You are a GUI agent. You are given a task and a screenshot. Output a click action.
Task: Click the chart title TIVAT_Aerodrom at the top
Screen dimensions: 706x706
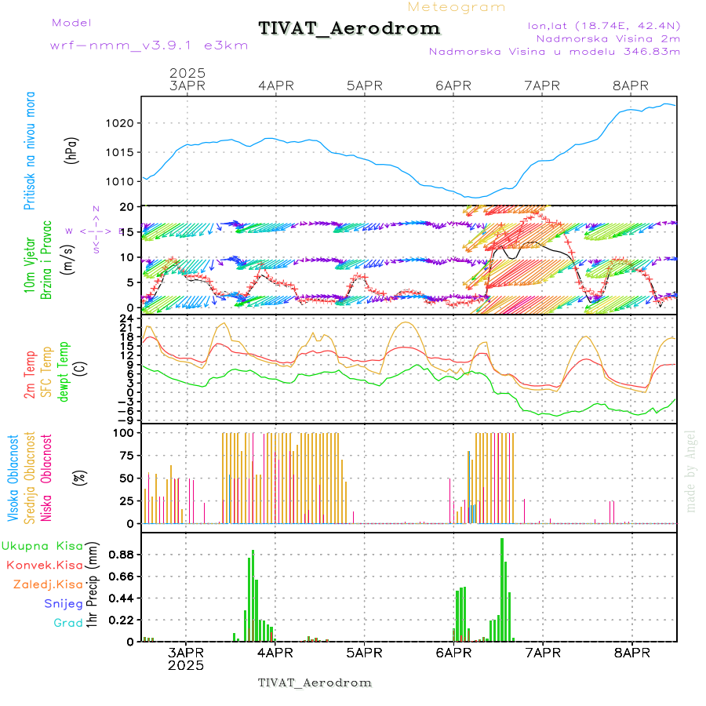[x=349, y=29]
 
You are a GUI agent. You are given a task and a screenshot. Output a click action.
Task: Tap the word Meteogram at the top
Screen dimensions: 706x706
[x=457, y=7]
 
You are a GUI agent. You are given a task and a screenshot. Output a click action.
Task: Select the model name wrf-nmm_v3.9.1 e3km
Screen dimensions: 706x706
[x=149, y=45]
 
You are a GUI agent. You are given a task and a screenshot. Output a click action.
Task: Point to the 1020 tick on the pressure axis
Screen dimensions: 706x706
[x=124, y=123]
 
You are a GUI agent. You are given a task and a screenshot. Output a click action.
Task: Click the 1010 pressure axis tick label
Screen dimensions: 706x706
[x=124, y=181]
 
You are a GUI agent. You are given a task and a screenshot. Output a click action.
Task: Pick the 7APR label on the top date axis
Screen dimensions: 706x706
[x=542, y=86]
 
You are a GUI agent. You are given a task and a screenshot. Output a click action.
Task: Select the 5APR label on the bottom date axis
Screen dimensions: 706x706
[x=363, y=652]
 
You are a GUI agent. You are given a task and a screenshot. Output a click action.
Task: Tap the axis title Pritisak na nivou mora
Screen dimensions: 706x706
[x=30, y=153]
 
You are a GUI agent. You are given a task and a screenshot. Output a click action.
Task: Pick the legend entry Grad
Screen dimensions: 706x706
[x=67, y=623]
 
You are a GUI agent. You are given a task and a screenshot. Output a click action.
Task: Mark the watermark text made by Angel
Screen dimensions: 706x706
[x=690, y=471]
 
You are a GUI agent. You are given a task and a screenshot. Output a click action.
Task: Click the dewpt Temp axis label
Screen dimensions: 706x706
[x=63, y=369]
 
